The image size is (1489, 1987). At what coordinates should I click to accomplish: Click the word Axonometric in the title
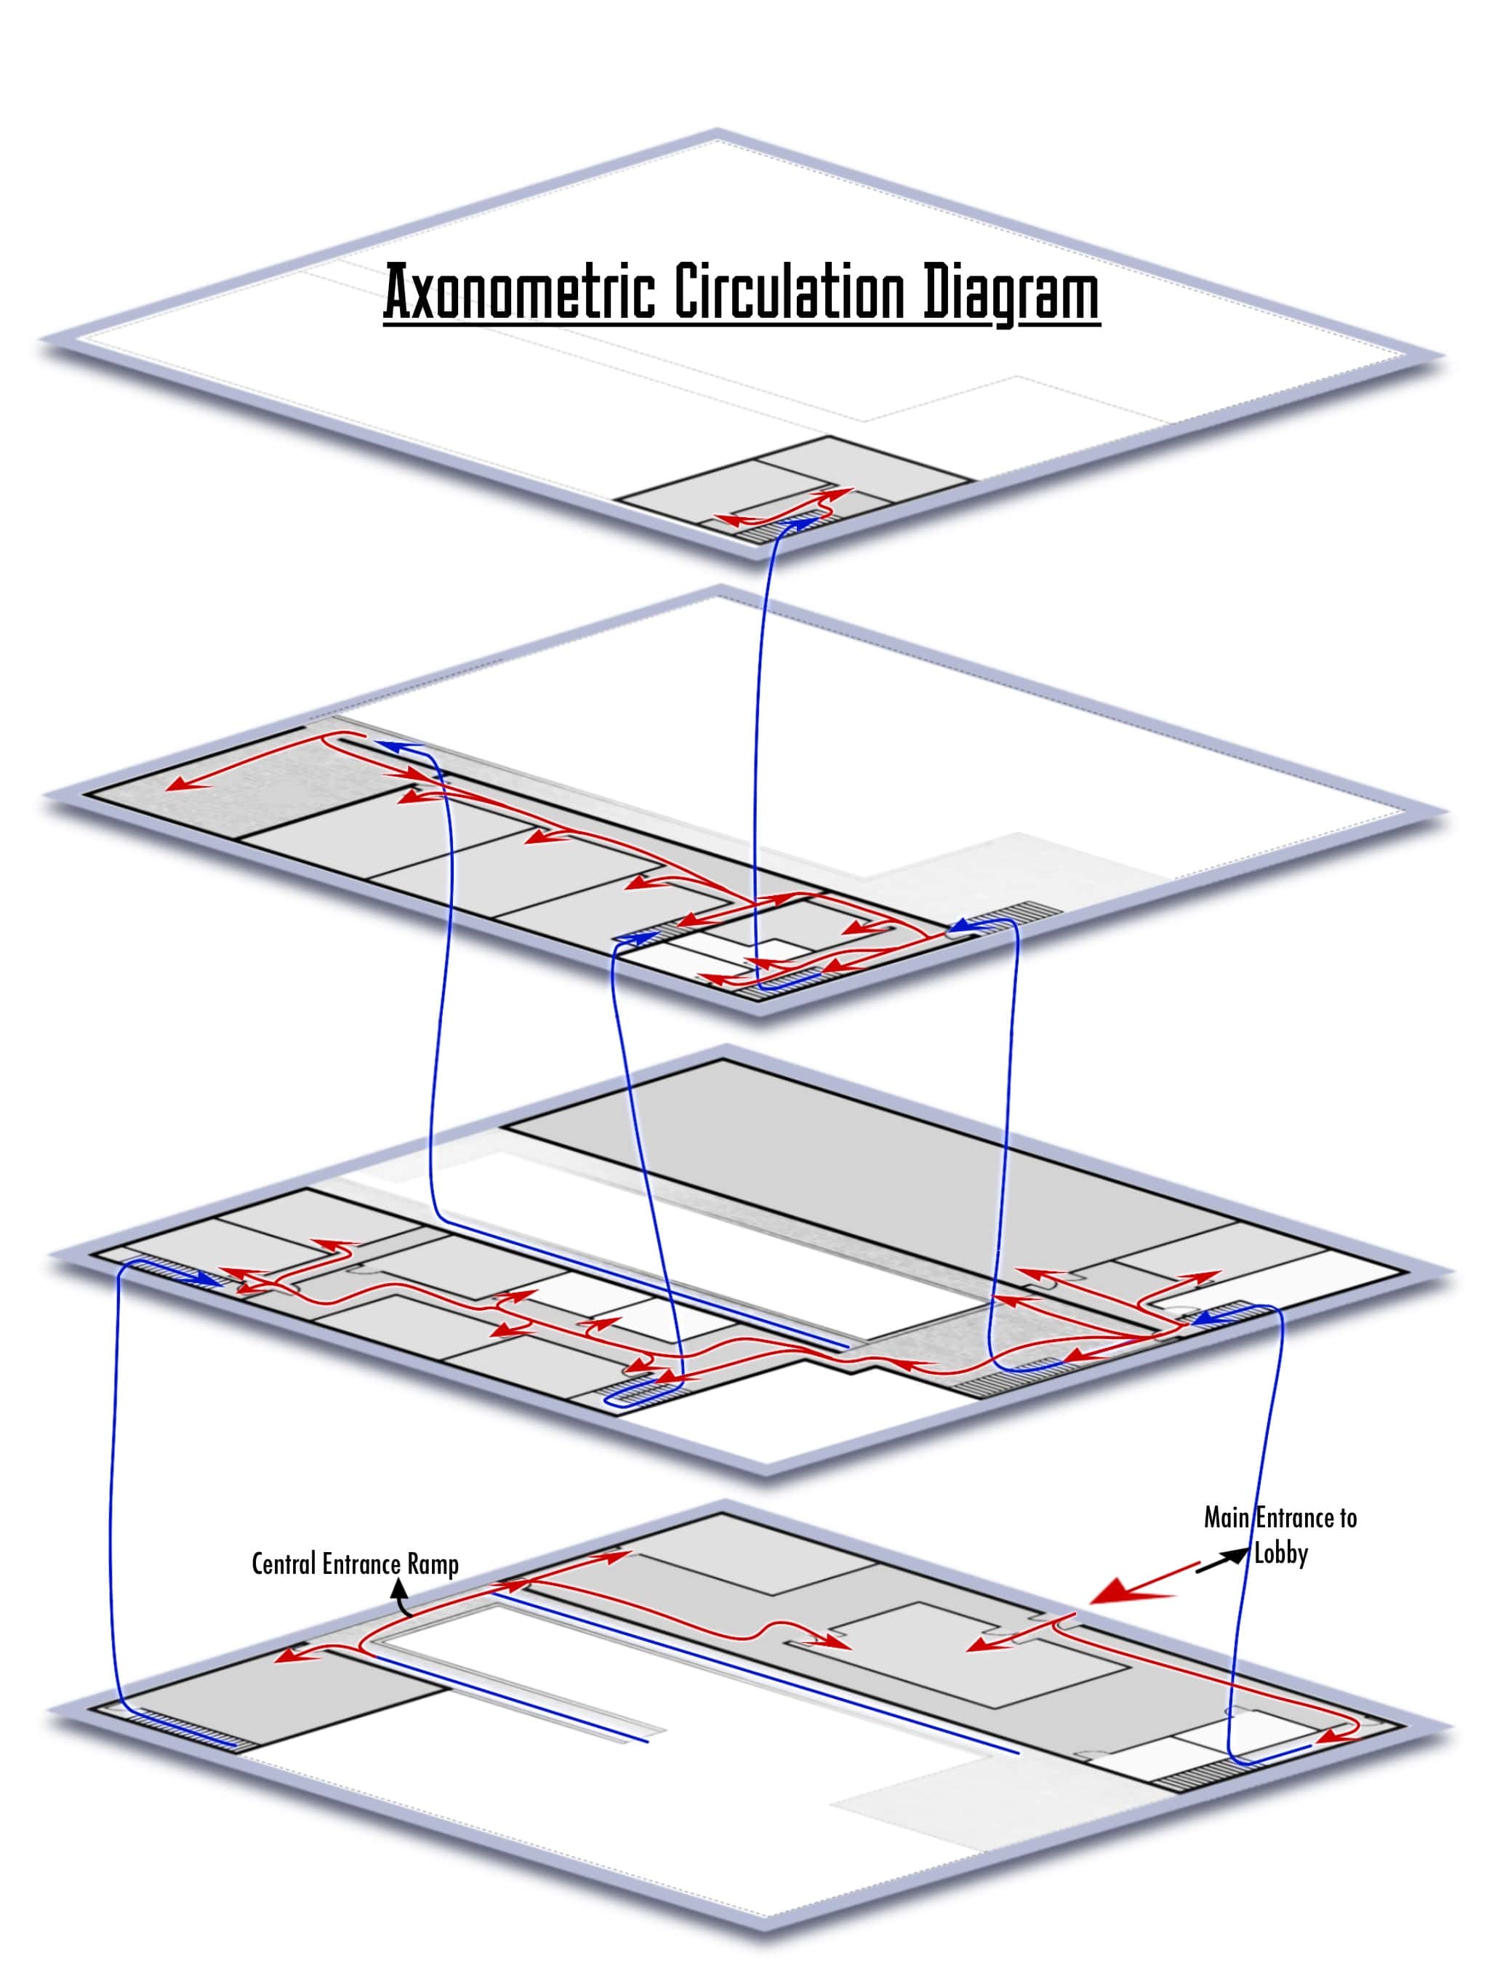pos(519,292)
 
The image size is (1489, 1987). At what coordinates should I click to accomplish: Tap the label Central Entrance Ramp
pos(355,1564)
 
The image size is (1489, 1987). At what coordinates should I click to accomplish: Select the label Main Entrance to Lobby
pos(1280,1535)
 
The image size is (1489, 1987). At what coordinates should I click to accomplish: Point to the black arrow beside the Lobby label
pos(1222,1559)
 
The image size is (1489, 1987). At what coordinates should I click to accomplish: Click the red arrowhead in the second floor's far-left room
pos(183,786)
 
